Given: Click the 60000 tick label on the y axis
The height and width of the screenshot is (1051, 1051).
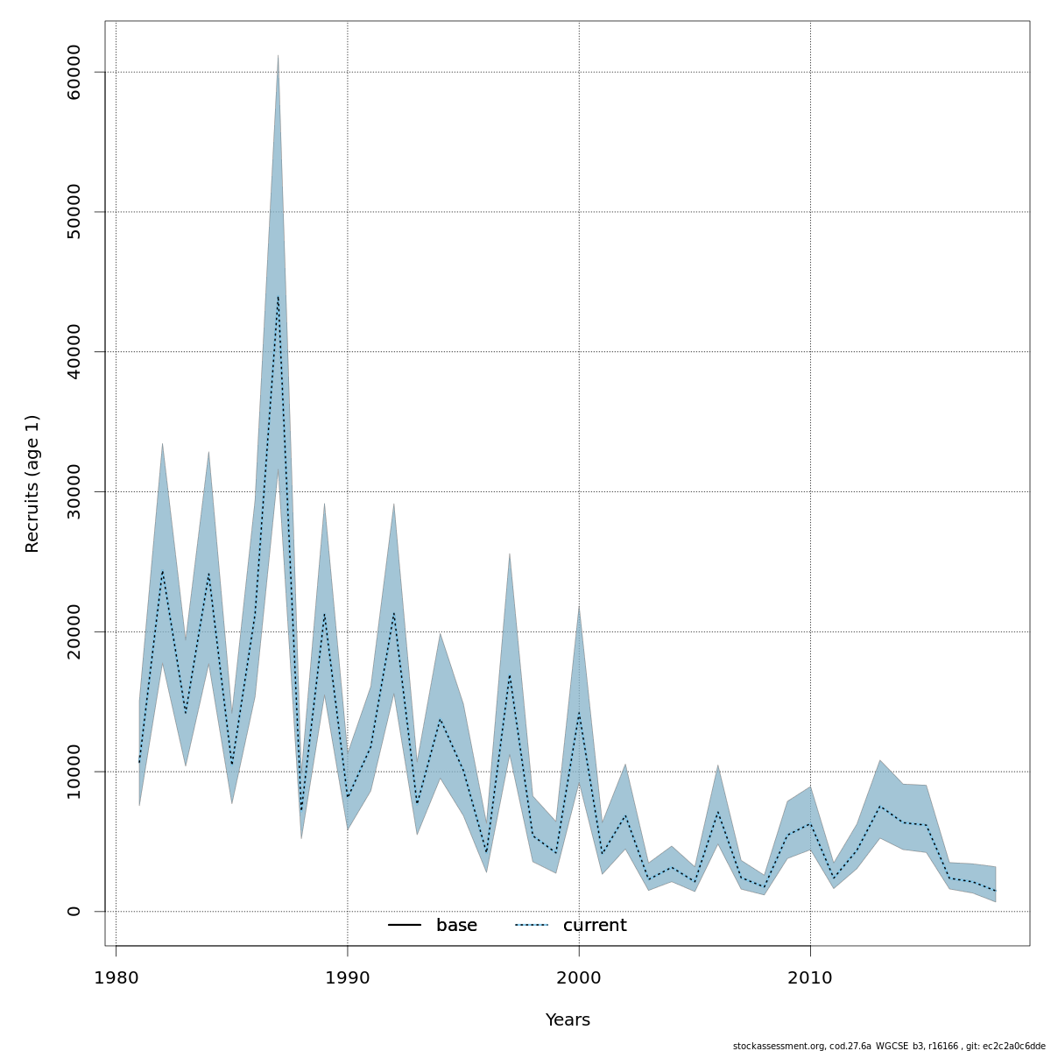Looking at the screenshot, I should point(74,72).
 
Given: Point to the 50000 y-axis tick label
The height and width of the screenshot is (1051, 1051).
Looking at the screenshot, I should point(74,212).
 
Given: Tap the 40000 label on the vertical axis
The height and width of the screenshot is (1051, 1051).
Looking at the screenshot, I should point(74,351).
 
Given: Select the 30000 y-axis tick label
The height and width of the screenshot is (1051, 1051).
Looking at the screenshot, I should point(74,491).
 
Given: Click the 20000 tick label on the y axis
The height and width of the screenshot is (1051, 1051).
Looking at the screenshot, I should point(74,631).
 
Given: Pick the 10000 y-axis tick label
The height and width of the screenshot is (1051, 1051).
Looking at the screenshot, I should point(74,772).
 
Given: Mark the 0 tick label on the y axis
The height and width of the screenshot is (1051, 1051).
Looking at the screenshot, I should point(74,912).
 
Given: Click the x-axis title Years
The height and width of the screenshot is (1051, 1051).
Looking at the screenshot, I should point(568,1020).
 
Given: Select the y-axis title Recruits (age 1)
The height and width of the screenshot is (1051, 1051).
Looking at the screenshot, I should point(32,483).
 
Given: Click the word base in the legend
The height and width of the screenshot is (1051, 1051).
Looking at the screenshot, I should point(456,926).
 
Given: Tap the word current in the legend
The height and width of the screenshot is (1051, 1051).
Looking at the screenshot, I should point(595,926).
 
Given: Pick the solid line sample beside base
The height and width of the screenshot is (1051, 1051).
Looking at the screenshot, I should point(405,926).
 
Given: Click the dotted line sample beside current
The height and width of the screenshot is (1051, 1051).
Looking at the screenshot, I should point(531,926).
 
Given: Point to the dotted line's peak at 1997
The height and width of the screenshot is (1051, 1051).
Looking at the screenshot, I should point(510,674).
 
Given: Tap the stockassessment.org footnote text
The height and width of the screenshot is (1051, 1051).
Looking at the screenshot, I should point(889,1046).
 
